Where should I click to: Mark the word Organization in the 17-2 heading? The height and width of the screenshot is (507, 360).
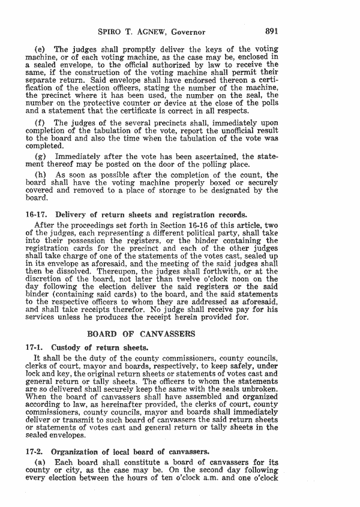tap(76, 451)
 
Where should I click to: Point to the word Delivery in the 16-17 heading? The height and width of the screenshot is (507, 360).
tap(70, 214)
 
